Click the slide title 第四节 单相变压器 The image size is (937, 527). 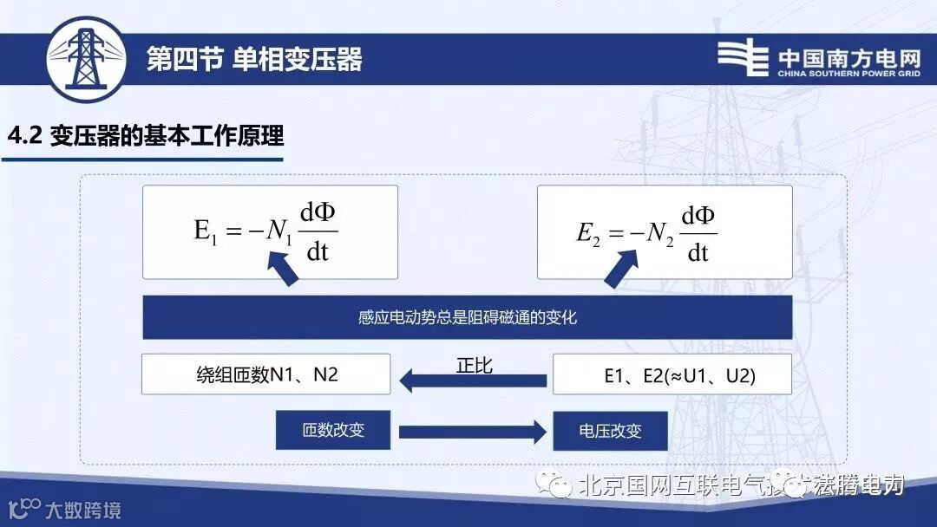[254, 60]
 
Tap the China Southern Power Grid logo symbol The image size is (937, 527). [743, 59]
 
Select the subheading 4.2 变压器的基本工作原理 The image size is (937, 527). [146, 138]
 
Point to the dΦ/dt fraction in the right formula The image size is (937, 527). [698, 232]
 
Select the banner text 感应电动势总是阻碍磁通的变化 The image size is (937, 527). [467, 317]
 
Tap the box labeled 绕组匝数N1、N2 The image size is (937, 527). [265, 374]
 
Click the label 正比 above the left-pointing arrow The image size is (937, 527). [474, 365]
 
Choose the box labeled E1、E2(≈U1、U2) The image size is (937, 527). [672, 374]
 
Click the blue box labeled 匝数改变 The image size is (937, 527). [333, 430]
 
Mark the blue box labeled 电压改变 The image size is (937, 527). [610, 431]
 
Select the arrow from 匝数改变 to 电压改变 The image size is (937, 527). [471, 431]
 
